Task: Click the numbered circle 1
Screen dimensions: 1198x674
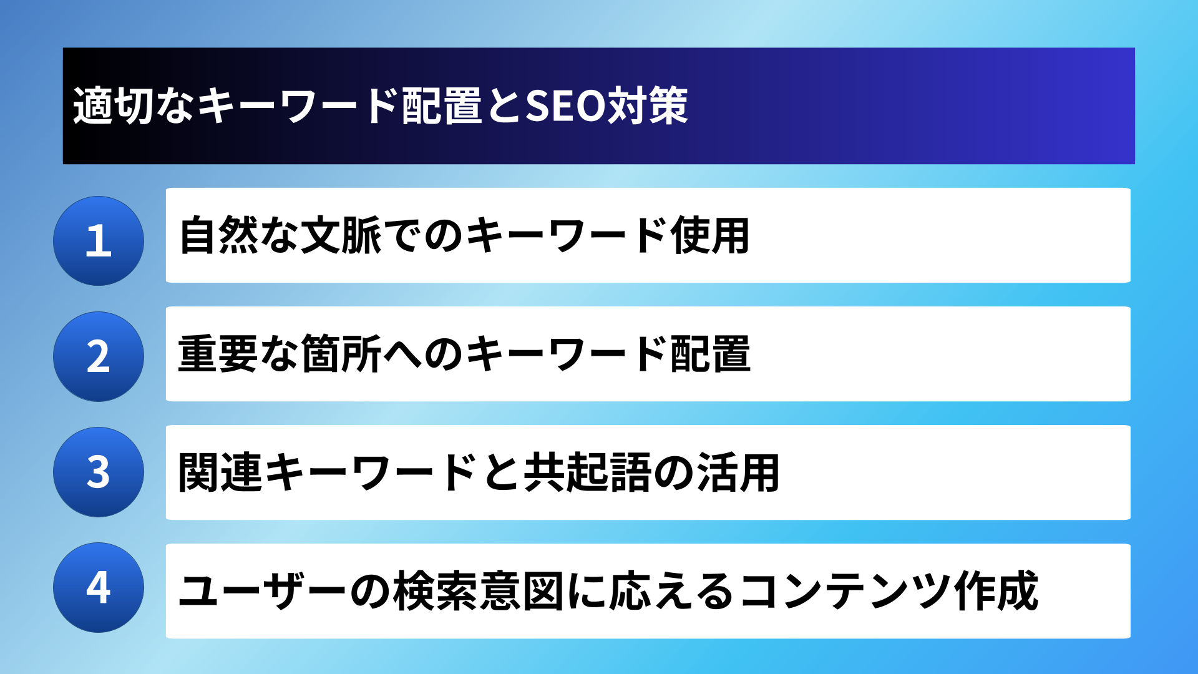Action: [x=99, y=241]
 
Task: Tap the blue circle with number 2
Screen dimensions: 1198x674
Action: [x=99, y=356]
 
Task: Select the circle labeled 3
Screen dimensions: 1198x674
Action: [x=99, y=472]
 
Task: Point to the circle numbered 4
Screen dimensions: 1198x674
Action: [x=99, y=587]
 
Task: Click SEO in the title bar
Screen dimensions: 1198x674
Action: [x=565, y=106]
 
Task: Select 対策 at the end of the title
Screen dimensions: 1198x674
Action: [x=648, y=106]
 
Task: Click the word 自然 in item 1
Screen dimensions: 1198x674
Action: [x=219, y=235]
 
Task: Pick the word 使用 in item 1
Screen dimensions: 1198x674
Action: [x=711, y=235]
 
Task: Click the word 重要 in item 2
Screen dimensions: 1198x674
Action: [x=218, y=354]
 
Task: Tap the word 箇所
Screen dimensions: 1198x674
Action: [x=341, y=354]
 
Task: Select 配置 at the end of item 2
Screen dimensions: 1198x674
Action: [x=711, y=354]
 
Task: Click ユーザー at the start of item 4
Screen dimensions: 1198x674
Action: [x=262, y=591]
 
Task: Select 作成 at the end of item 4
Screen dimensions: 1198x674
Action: [x=996, y=591]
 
